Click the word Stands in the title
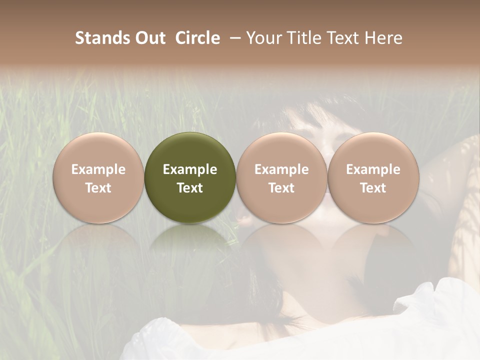[102, 38]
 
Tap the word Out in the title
[149, 38]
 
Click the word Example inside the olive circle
[190, 169]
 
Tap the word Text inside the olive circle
[190, 188]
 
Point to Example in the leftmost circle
[98, 169]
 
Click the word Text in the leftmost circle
[98, 188]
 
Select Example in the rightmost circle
[373, 169]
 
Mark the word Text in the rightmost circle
[373, 188]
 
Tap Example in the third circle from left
[281, 169]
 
